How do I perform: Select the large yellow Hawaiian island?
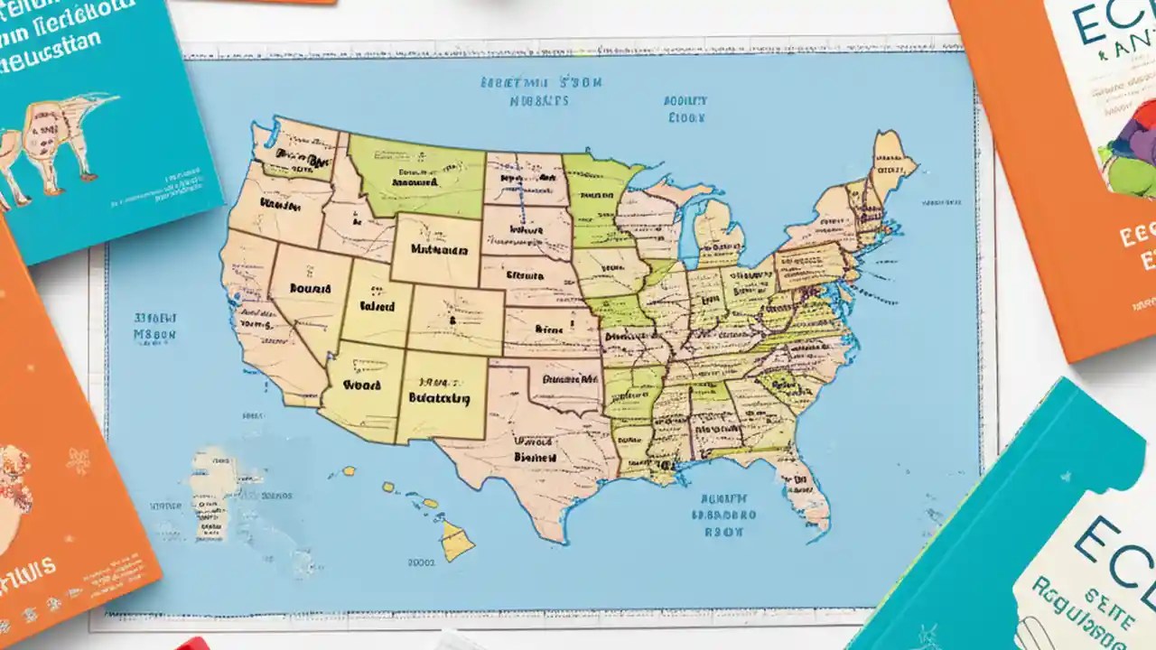coord(457,541)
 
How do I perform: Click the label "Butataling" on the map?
coord(439,397)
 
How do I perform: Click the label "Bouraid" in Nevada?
coord(310,290)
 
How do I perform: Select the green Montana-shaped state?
coord(415,176)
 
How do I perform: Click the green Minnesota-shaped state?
coord(596,199)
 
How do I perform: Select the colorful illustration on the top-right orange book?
coord(1129,144)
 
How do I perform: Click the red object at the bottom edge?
coord(191,644)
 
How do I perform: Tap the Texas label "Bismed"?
coord(535,457)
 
